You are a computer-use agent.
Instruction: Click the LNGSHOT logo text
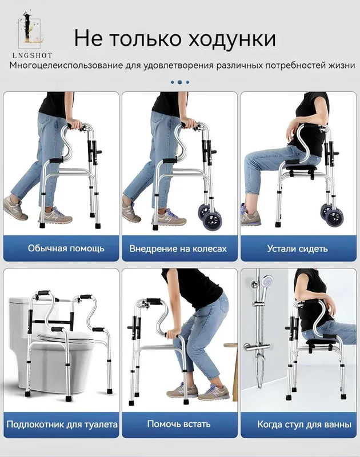point(33,55)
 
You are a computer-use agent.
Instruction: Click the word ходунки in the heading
point(231,38)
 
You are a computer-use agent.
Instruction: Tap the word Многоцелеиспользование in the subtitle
point(66,65)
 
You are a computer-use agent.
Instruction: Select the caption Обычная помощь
point(66,248)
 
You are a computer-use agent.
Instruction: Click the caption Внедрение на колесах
point(178,248)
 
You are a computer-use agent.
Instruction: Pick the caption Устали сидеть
point(297,248)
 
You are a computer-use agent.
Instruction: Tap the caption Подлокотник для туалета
point(62,424)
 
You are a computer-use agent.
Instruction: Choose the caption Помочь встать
point(179,423)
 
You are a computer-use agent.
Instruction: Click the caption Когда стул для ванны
point(304,424)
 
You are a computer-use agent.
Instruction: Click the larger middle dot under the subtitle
point(179,82)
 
